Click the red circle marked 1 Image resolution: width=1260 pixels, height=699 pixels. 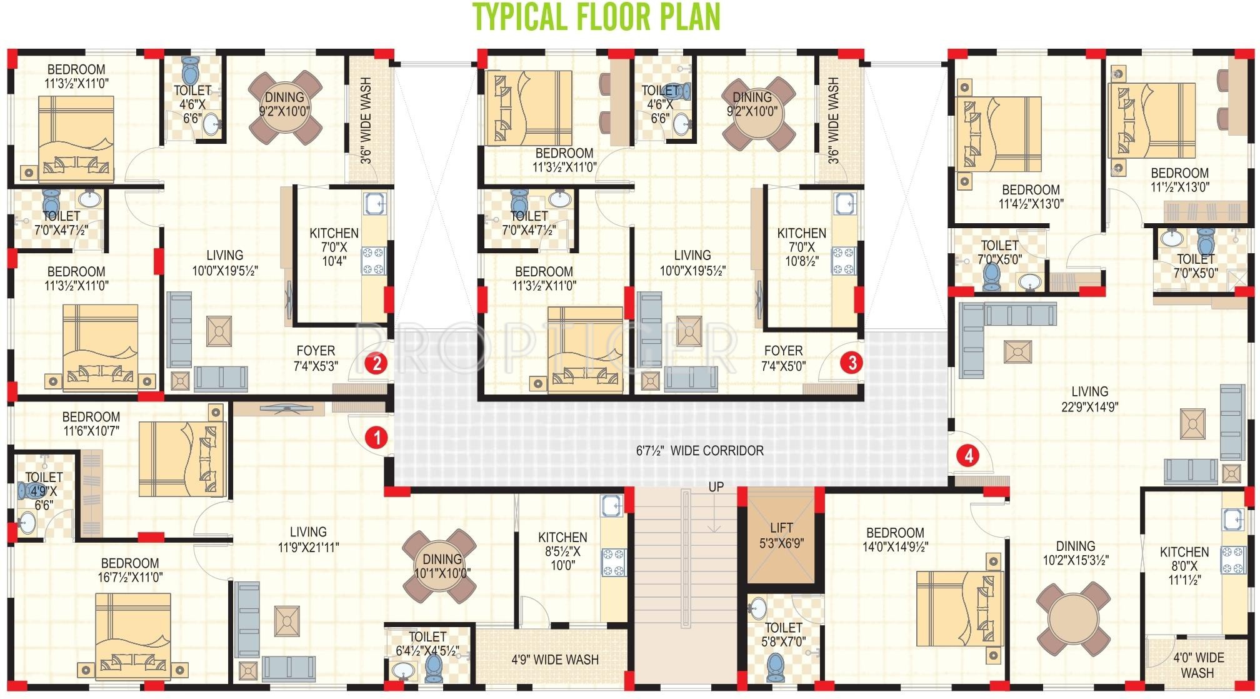tap(376, 438)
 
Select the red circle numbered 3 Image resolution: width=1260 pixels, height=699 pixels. tap(851, 362)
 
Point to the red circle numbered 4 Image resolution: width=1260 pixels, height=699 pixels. tap(968, 455)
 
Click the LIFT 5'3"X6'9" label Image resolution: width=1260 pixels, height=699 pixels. tap(781, 536)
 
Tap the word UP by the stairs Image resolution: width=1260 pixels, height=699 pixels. tap(716, 487)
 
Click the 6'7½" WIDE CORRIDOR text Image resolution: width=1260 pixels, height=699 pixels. tap(699, 451)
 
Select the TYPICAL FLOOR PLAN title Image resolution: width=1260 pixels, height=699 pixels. tap(596, 17)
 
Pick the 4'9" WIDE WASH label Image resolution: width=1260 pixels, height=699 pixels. tap(554, 660)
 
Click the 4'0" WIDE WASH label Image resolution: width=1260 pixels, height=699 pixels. tap(1197, 665)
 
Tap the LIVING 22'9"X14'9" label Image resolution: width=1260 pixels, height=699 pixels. tap(1089, 399)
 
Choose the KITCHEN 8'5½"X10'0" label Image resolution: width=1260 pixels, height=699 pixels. tap(562, 551)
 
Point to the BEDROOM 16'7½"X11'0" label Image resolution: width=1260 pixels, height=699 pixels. tap(130, 570)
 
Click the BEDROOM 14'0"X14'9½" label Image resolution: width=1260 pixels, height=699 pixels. tap(895, 540)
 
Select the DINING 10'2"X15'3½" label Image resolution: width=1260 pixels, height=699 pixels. tap(1076, 553)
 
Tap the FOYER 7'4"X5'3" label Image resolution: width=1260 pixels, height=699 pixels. tap(316, 358)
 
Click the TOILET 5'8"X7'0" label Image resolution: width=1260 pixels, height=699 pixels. tap(783, 635)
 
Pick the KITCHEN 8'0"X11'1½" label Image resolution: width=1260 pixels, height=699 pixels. tap(1184, 566)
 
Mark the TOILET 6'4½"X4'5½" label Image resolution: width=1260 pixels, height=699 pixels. tap(427, 643)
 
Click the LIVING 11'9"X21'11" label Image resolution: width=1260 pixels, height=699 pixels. tap(308, 539)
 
